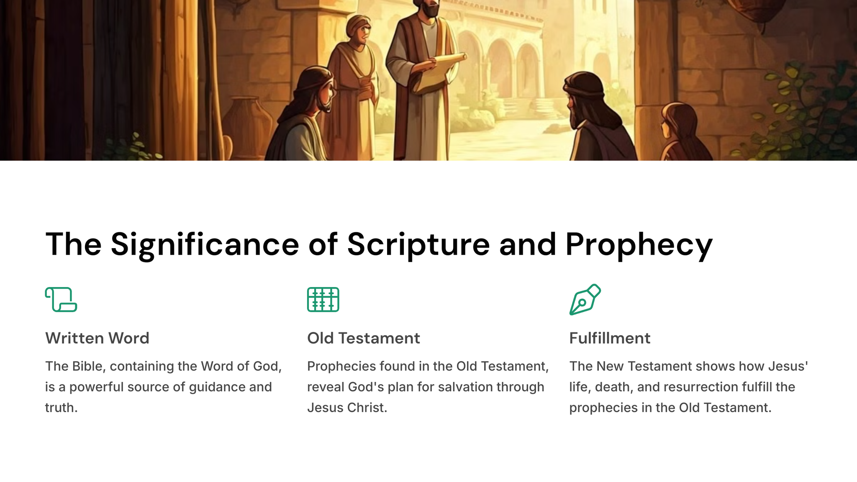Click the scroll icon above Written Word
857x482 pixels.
(61, 300)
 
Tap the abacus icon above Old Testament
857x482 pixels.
(323, 300)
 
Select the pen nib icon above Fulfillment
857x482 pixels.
(585, 300)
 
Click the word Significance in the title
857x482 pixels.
(205, 245)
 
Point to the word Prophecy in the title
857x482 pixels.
(639, 245)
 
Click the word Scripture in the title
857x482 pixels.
(418, 245)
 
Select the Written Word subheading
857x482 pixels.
(97, 338)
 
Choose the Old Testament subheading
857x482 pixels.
(364, 338)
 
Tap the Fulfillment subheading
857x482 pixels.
(610, 338)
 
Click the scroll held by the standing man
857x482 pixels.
(439, 71)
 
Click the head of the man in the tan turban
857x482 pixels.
(358, 29)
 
